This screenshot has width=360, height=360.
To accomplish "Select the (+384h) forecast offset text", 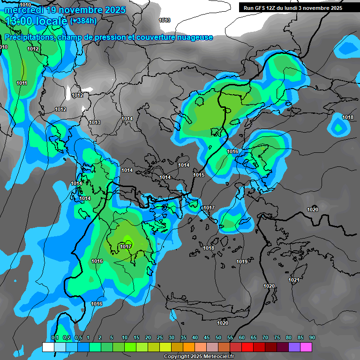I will (83, 21).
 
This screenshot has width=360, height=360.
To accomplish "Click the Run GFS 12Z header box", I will (292, 7).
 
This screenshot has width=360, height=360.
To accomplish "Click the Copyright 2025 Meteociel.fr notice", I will (199, 356).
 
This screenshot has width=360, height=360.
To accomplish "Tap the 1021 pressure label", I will (293, 280).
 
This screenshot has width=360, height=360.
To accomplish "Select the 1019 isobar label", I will (242, 262).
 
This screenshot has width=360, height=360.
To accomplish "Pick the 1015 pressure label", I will (199, 175).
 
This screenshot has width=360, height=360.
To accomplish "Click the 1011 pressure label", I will (22, 83).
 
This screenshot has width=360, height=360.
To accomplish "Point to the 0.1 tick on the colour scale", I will (55, 338).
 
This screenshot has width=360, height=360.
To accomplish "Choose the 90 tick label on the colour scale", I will (312, 338).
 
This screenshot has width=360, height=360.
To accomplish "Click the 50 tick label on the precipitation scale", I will (218, 338).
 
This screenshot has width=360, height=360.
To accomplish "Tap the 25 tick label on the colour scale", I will (160, 338).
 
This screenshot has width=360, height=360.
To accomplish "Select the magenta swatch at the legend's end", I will (306, 347).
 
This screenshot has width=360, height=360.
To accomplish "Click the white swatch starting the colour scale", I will (48, 347).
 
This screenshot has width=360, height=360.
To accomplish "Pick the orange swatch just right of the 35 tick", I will (189, 347).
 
